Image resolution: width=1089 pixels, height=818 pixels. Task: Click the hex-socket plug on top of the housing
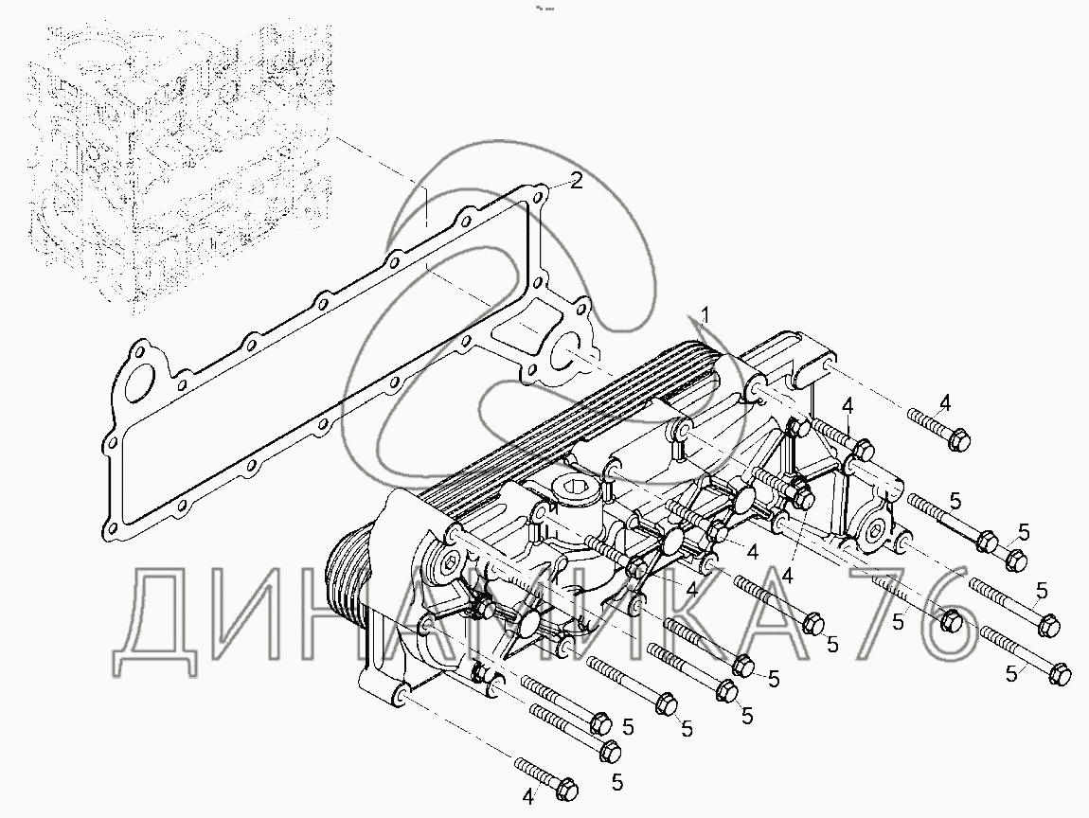tap(575, 492)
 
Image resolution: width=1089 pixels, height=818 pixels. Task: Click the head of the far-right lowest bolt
tap(1062, 671)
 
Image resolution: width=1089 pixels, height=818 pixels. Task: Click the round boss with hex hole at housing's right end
tap(871, 526)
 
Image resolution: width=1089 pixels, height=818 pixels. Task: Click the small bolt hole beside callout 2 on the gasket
tap(541, 198)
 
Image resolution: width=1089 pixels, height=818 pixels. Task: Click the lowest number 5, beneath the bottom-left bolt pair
tap(616, 782)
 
